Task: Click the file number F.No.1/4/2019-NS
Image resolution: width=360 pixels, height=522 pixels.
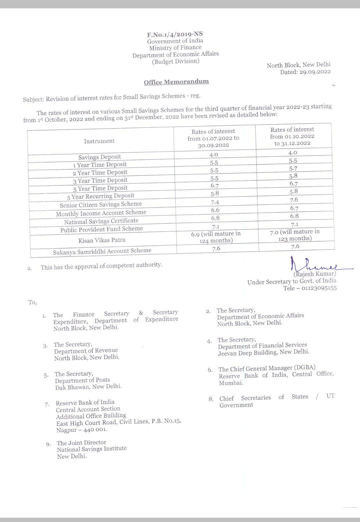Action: click(x=175, y=34)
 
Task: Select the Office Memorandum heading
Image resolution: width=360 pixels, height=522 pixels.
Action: click(x=176, y=82)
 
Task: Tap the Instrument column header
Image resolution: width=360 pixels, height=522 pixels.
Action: click(x=99, y=141)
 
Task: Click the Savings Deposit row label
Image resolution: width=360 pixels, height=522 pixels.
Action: click(x=100, y=157)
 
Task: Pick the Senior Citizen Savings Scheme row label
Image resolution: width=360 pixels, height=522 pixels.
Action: click(x=101, y=204)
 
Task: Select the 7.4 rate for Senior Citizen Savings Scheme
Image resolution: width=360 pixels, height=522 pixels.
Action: click(x=215, y=202)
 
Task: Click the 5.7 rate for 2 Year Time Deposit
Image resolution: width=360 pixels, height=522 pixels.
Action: click(x=293, y=169)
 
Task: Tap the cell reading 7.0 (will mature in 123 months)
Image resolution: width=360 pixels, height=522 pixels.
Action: click(x=295, y=235)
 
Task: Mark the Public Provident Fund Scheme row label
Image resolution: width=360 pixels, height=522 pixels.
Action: click(x=101, y=229)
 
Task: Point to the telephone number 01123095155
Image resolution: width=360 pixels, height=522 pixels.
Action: click(x=319, y=288)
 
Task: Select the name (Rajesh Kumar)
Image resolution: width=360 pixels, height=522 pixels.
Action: click(x=315, y=274)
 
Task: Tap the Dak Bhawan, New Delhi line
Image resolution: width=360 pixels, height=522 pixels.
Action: click(x=88, y=387)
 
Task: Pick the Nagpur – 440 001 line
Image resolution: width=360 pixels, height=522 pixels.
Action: click(x=82, y=430)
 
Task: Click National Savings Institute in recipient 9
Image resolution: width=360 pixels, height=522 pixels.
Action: click(x=92, y=449)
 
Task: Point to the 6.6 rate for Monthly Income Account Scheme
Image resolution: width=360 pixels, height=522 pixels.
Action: click(x=215, y=210)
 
